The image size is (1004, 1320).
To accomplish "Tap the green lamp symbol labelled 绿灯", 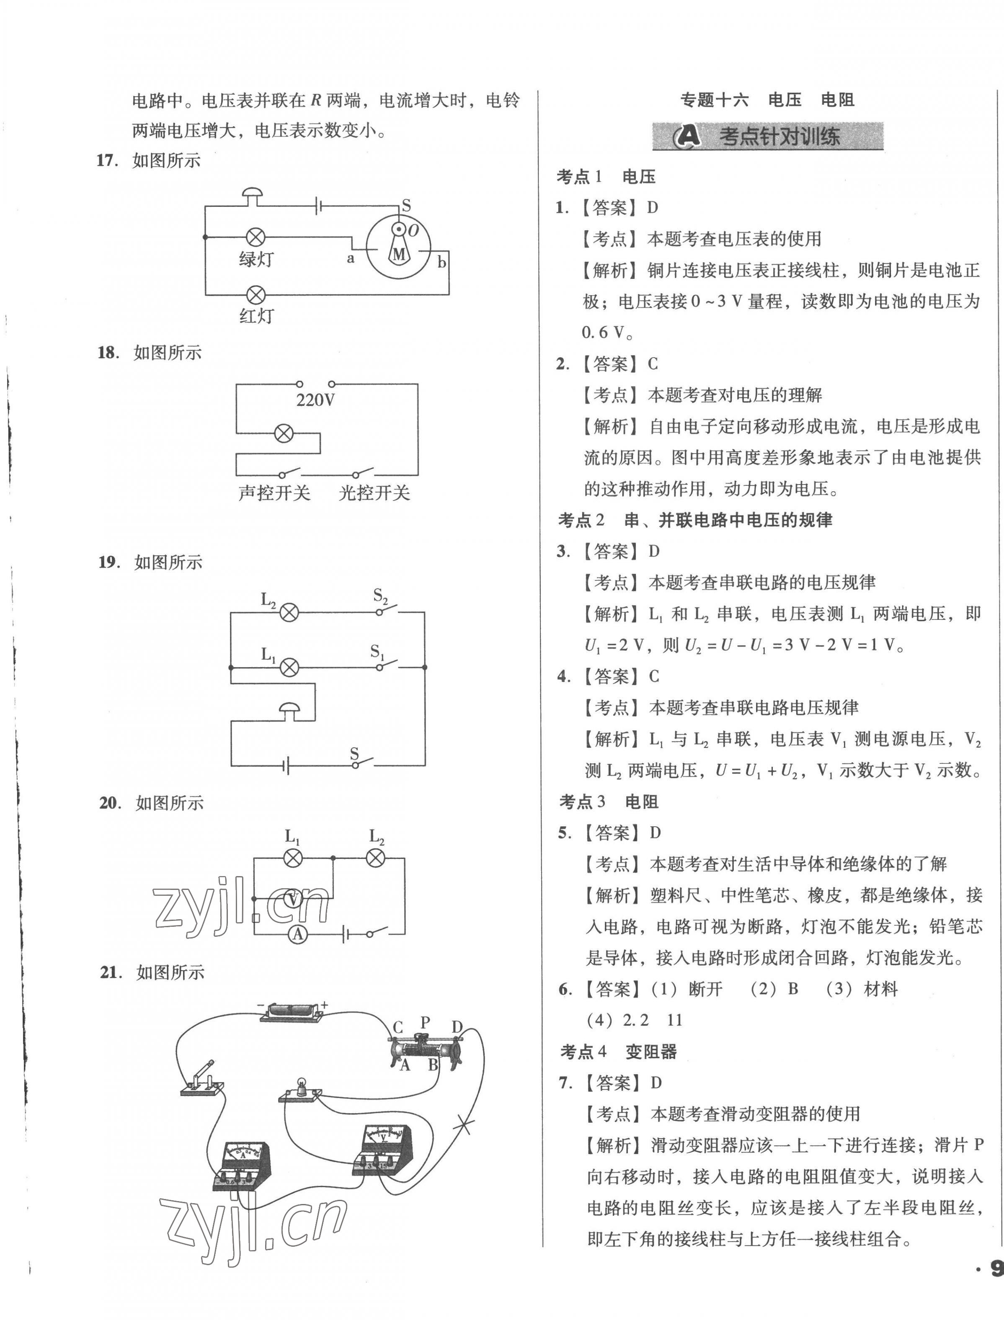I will point(256,237).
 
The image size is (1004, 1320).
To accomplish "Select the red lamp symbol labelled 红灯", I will point(256,294).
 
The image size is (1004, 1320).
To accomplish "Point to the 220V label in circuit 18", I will point(315,400).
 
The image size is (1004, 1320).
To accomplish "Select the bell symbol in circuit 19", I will point(290,710).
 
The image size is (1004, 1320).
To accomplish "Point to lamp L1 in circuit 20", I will point(292,859).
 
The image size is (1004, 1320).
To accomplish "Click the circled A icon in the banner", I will point(688,137).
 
